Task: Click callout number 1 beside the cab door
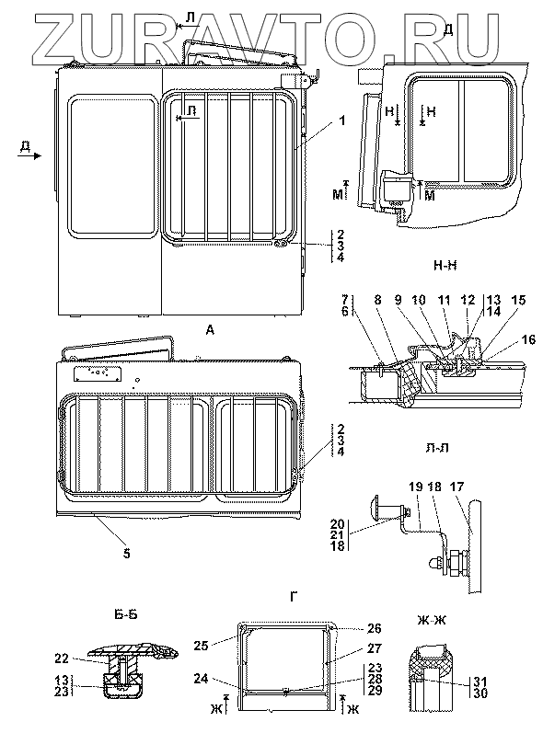tap(342, 120)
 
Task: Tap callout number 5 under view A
tap(127, 554)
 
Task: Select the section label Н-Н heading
tap(445, 266)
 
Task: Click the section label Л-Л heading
tap(437, 448)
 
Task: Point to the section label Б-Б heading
tap(125, 614)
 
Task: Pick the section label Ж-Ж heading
tap(432, 620)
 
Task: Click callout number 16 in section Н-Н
tap(528, 340)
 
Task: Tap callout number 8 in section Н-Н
tap(377, 299)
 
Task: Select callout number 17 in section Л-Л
tap(456, 487)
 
